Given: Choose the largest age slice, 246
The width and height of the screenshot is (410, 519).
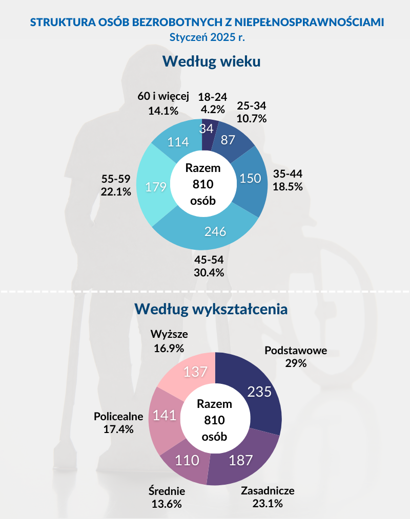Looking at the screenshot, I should point(215,231).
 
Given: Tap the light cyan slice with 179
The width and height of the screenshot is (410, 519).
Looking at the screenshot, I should point(156,187).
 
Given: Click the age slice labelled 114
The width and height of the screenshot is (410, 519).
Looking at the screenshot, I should point(178,142).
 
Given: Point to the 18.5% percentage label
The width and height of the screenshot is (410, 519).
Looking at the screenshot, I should point(288,187).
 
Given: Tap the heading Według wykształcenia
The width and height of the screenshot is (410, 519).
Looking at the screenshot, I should point(210,309).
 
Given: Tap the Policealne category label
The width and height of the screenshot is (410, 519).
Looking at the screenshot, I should point(118,416).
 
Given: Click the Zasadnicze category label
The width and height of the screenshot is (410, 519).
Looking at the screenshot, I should point(268,490).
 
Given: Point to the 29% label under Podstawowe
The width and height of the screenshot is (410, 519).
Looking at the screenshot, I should point(296,363).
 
